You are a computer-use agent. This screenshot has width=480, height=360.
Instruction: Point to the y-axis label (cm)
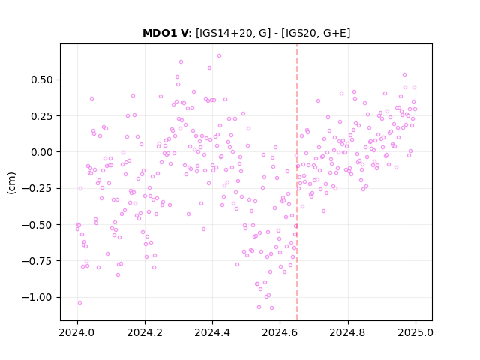11,183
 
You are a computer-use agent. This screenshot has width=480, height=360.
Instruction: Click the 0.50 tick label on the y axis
42,80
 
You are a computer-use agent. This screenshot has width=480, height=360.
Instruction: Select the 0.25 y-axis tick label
42,116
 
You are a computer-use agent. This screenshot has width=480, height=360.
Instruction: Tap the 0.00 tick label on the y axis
42,152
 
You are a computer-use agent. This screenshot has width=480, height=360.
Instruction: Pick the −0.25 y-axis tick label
37,188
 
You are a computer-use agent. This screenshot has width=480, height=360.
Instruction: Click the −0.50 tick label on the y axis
37,225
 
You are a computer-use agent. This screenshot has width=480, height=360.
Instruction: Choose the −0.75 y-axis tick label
37,261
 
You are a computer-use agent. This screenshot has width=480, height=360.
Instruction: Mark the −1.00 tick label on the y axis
37,297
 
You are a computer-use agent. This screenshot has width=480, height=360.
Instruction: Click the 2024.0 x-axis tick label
77,332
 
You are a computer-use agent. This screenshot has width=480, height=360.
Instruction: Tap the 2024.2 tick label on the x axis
145,332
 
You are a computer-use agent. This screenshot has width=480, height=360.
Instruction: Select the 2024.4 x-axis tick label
212,332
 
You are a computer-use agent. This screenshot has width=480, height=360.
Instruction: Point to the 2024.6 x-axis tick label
280,332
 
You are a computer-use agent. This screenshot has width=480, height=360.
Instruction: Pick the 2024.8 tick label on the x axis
348,332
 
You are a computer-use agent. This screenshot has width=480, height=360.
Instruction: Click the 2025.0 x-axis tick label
415,332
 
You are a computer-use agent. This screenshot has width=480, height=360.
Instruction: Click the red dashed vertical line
297,182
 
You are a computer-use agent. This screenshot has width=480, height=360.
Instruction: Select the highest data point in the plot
219,55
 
